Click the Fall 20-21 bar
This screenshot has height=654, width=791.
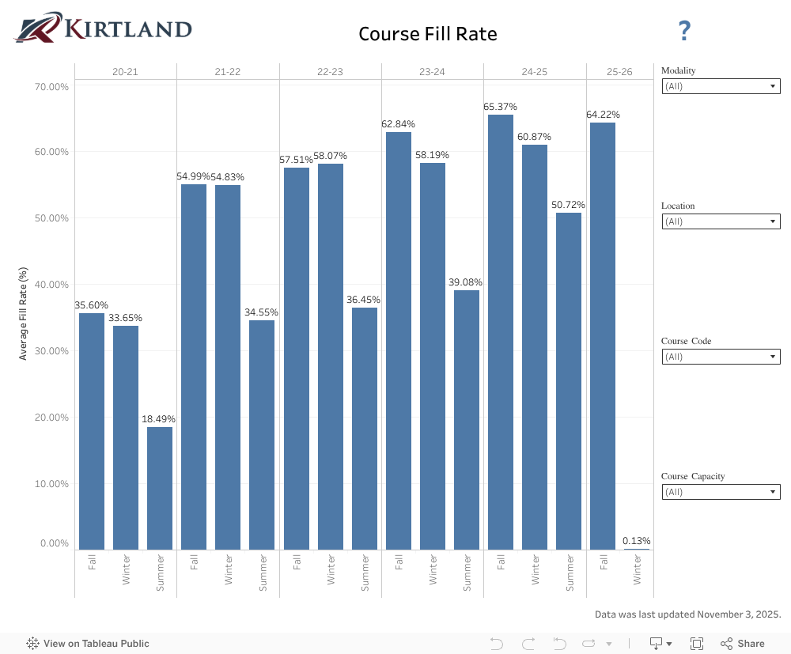[x=92, y=431]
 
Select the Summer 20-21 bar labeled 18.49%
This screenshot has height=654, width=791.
[x=160, y=488]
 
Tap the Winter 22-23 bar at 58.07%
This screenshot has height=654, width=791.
[x=331, y=356]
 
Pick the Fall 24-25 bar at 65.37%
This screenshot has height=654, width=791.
[x=501, y=332]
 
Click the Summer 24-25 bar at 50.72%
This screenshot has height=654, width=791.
[x=569, y=380]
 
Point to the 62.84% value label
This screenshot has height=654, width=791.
[x=398, y=124]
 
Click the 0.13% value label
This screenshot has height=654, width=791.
[x=637, y=541]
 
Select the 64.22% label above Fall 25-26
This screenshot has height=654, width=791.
[x=603, y=115]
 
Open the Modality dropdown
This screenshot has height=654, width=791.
[x=721, y=86]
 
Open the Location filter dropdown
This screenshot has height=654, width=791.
[x=721, y=221]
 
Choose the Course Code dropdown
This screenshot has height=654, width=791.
[x=721, y=357]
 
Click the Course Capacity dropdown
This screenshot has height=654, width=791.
[x=721, y=492]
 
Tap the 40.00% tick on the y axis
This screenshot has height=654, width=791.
[x=50, y=285]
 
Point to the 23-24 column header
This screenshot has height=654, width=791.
[x=432, y=72]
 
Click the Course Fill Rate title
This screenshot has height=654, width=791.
[x=427, y=34]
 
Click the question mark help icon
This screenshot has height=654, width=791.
[x=684, y=32]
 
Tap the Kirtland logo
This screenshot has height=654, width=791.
[x=103, y=28]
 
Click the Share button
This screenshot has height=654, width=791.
[x=743, y=644]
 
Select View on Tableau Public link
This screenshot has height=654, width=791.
[x=88, y=644]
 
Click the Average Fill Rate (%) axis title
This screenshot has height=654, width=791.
[x=23, y=313]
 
